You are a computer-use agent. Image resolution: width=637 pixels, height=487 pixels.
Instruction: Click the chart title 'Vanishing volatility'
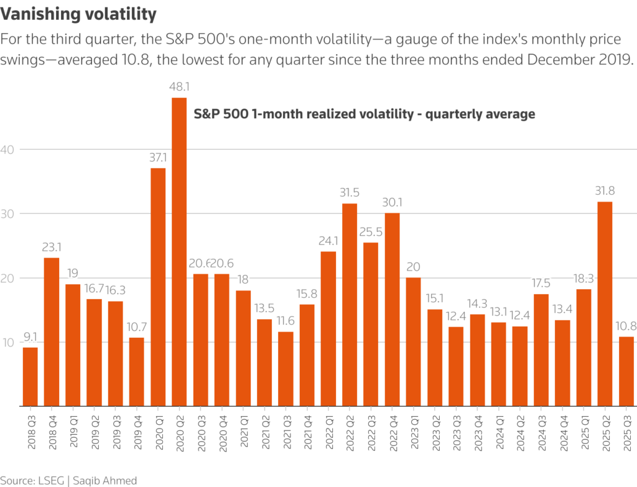point(78,13)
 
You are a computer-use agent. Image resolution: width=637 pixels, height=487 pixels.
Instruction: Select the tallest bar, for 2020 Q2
point(179,252)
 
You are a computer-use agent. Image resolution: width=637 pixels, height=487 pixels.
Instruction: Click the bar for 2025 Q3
point(626,371)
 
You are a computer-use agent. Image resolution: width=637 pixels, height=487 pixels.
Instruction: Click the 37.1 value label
point(158,158)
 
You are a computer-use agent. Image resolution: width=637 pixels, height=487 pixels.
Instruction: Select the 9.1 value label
point(30,338)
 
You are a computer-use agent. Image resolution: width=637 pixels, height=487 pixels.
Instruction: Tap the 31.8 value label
point(605,192)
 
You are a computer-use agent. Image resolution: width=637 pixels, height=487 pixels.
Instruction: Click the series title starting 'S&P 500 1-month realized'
point(364,114)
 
